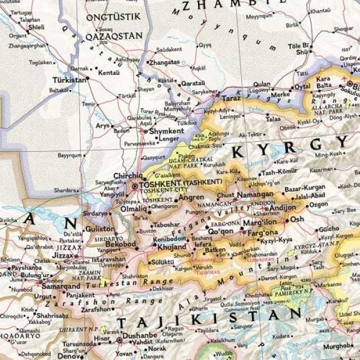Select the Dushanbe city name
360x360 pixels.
pyautogui.click(x=141, y=338)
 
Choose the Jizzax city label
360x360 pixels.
pyautogui.click(x=65, y=255)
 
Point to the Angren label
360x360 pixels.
pyautogui.click(x=192, y=197)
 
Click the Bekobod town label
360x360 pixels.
pyautogui.click(x=121, y=246)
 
